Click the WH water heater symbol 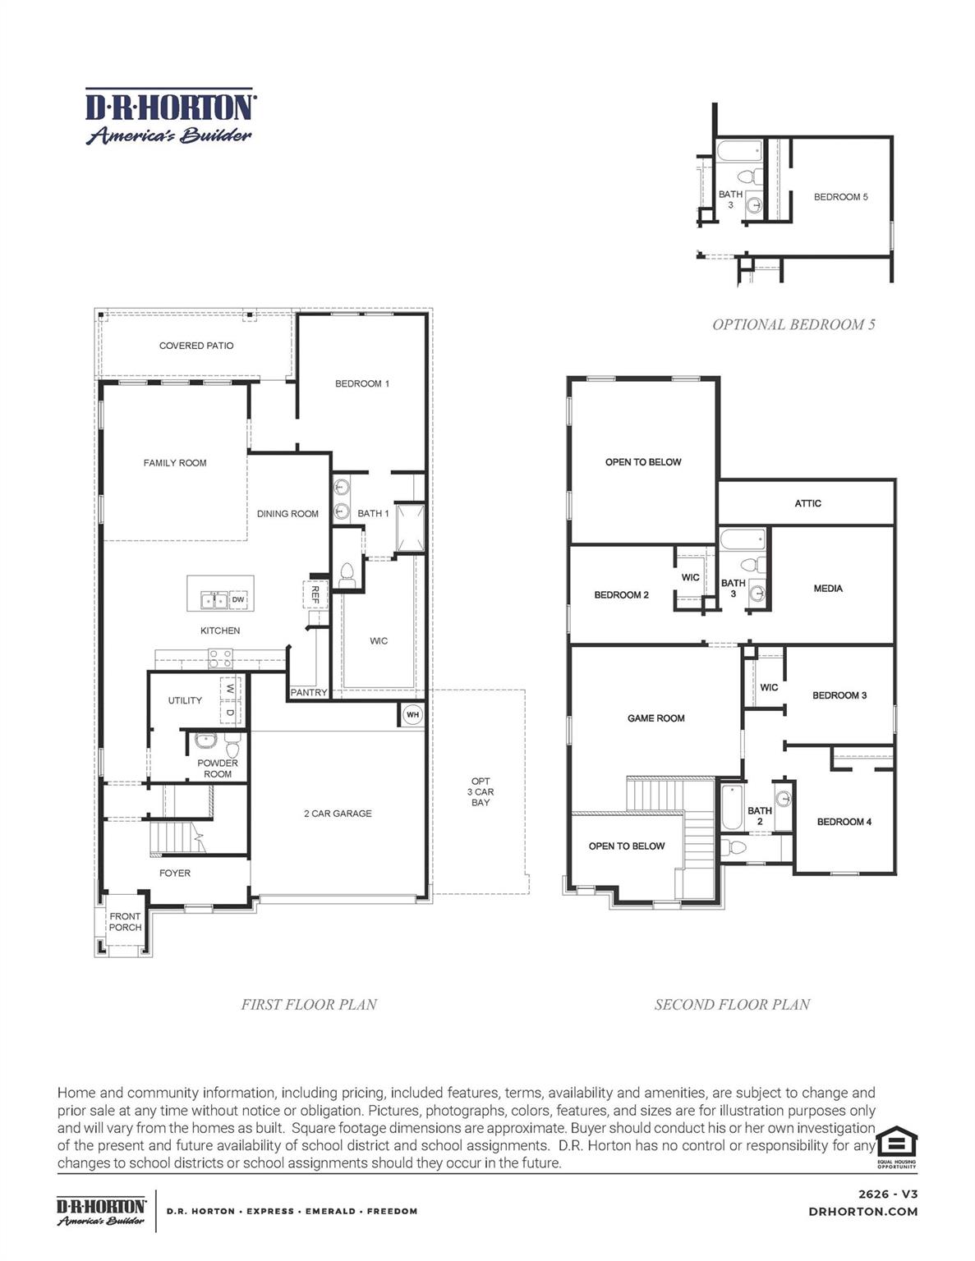point(412,715)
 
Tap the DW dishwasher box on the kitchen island point(238,600)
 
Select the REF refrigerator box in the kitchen point(315,594)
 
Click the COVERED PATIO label point(196,346)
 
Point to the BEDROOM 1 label point(362,383)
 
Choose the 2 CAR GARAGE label point(338,814)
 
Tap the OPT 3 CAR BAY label point(481,792)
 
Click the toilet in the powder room point(232,746)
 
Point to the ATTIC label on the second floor point(807,503)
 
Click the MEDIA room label point(828,589)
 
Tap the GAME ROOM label point(655,718)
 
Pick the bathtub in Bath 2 point(731,808)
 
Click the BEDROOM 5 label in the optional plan point(840,197)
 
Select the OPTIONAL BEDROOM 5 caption point(793,324)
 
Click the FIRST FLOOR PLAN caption point(309,1004)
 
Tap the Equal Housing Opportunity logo point(896,1146)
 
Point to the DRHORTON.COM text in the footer point(862,1211)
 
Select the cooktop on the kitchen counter point(220,658)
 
